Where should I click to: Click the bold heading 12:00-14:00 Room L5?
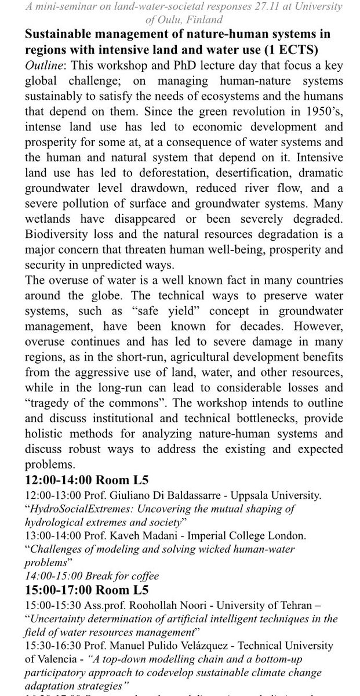[87, 480]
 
